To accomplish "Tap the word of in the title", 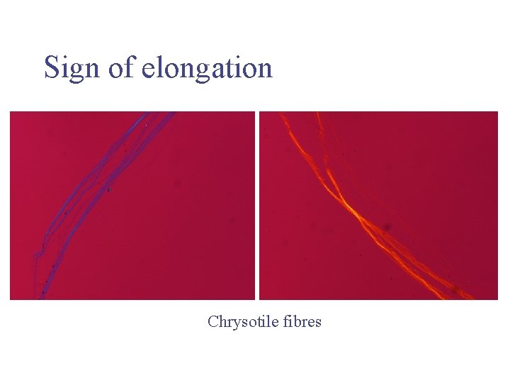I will click(x=120, y=68).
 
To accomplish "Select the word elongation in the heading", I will click(x=207, y=68).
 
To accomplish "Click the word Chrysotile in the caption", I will click(x=239, y=322).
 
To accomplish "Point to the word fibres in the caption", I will click(x=302, y=322).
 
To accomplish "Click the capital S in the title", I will click(x=51, y=68).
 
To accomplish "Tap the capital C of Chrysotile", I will click(x=212, y=322).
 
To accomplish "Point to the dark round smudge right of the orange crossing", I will click(x=387, y=228).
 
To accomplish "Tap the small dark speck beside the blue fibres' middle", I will click(x=108, y=189).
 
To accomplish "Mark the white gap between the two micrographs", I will click(x=257, y=206).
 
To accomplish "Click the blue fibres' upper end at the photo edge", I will click(x=159, y=113).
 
